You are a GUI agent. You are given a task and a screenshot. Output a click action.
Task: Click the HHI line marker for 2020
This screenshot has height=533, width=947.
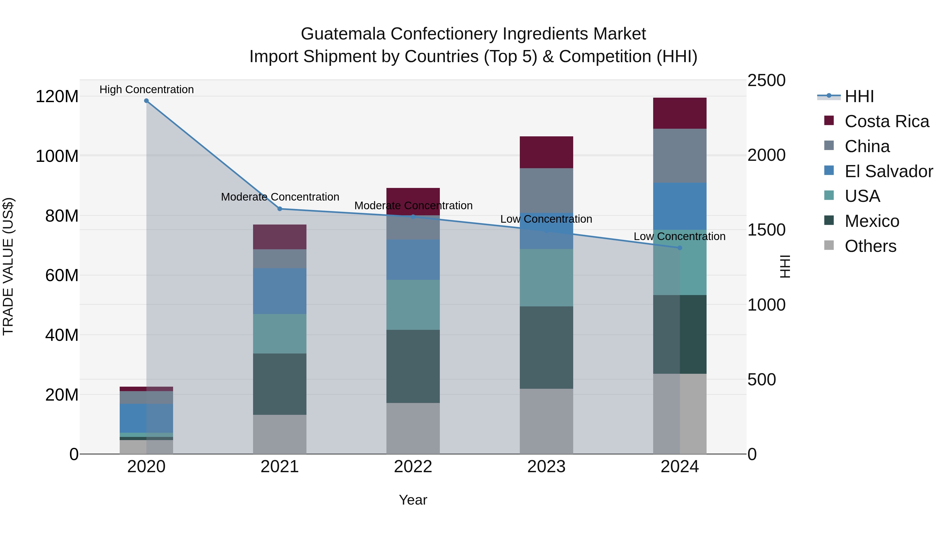click(146, 101)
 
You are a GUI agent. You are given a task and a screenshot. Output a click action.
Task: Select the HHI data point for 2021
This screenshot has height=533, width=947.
click(280, 209)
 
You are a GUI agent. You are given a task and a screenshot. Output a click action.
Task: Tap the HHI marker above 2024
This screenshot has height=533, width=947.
click(680, 248)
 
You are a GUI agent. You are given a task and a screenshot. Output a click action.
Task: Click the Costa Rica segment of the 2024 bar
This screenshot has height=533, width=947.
click(680, 113)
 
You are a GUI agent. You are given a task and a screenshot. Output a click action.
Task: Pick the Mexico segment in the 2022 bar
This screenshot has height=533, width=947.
click(413, 366)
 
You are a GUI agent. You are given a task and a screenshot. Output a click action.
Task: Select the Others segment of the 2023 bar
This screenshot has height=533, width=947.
click(546, 421)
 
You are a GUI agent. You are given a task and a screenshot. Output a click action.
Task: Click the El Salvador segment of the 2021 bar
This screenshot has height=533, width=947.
click(280, 291)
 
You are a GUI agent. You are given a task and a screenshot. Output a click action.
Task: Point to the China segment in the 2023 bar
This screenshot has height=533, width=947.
click(546, 191)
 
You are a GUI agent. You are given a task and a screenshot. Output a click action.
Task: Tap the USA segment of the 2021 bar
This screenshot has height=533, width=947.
click(280, 334)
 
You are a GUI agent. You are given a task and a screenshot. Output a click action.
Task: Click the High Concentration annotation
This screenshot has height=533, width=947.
click(146, 89)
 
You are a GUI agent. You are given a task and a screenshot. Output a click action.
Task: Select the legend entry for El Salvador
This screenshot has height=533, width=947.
click(889, 171)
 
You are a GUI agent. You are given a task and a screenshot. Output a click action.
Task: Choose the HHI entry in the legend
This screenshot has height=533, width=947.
click(859, 96)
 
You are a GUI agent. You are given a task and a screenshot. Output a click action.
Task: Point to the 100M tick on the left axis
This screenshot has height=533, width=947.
click(57, 156)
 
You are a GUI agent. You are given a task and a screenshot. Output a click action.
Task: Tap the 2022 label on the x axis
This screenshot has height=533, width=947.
click(413, 467)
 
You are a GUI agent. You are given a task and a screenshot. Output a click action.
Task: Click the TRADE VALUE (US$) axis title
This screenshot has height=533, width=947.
click(8, 266)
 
